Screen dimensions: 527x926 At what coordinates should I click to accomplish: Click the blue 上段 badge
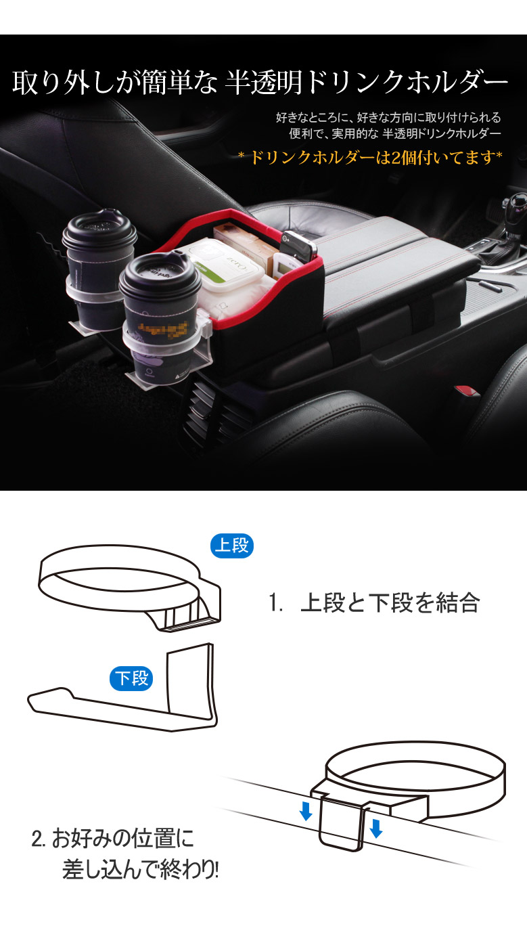231,546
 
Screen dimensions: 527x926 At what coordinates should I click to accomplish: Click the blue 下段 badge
131,678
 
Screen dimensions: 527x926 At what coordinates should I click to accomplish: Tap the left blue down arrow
306,811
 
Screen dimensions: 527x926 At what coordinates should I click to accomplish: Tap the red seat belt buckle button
466,391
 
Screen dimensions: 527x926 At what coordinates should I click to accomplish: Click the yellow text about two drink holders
371,158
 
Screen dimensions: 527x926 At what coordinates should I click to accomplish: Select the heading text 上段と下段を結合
390,602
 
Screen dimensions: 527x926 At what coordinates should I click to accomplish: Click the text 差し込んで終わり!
141,870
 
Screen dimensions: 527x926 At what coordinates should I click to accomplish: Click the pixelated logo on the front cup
163,329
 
